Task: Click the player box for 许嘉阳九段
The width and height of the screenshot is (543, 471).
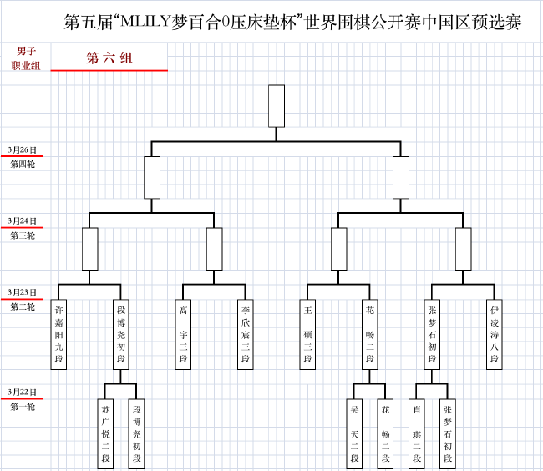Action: point(58,334)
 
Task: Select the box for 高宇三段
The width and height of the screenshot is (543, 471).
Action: point(183,334)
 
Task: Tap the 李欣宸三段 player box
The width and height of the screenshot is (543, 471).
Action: point(246,334)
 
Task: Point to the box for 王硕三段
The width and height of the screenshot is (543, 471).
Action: point(307,334)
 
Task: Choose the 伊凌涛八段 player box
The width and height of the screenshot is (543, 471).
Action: point(495,334)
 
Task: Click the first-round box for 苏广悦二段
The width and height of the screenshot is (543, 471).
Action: point(105,434)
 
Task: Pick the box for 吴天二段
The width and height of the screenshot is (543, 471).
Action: point(354,434)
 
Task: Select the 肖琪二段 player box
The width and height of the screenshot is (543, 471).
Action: point(417,434)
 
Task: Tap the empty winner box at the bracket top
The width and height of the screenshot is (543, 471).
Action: point(277,106)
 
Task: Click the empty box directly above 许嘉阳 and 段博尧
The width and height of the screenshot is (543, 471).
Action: point(89,249)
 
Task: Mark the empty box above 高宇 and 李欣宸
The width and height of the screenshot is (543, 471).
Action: point(215,249)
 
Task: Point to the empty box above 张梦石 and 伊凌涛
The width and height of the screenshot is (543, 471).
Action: point(463,249)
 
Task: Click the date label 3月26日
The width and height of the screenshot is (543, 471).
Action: point(23,149)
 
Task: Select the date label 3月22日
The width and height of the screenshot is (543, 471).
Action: point(23,392)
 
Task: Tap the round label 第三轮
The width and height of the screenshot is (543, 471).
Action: point(23,235)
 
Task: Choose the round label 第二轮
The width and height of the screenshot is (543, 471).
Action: point(23,306)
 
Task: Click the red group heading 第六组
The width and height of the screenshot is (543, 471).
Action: point(109,58)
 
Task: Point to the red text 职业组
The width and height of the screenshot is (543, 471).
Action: point(26,65)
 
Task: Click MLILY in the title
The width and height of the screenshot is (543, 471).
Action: point(145,22)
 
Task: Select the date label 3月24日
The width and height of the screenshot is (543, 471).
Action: point(23,221)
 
